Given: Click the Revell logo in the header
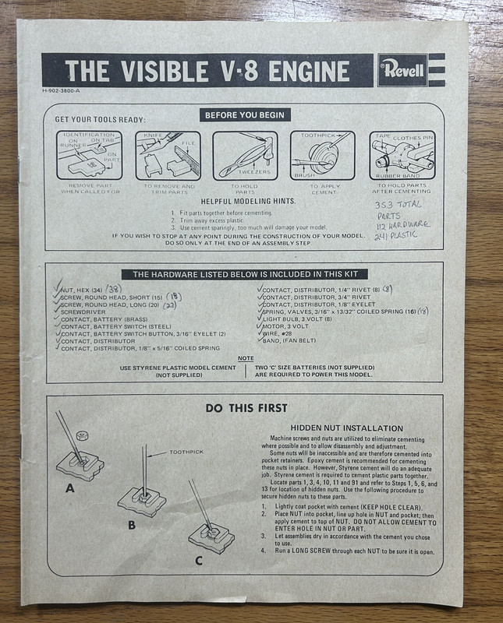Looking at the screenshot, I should (x=403, y=70).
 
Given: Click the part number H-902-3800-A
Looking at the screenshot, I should (x=58, y=93).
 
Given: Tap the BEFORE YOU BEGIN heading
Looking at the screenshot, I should (x=244, y=115).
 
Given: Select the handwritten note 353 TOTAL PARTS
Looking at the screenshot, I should (x=399, y=212).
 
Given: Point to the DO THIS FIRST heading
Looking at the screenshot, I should (x=246, y=407).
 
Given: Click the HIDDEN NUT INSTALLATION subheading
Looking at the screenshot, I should (x=347, y=428).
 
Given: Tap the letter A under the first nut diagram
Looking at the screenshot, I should (x=70, y=488).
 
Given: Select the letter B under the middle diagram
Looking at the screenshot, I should (x=132, y=525).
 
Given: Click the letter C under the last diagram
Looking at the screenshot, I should (x=199, y=560).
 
